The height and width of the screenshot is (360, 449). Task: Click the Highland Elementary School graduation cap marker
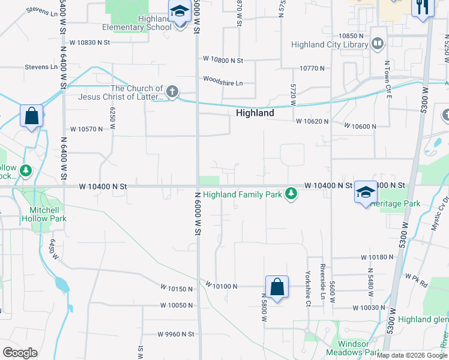click(x=179, y=13)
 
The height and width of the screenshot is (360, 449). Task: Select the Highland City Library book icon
click(x=378, y=44)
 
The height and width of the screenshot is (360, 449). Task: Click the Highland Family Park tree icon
click(x=291, y=193)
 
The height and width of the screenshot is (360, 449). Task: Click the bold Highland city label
click(x=255, y=113)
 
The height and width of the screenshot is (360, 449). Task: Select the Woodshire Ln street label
click(x=223, y=83)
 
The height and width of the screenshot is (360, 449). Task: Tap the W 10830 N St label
click(x=90, y=43)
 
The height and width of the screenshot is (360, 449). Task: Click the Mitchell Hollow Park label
click(x=49, y=214)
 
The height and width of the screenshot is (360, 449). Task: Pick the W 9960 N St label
click(x=176, y=334)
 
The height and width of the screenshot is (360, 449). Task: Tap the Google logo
click(x=20, y=353)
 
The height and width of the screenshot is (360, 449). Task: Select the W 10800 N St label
click(x=223, y=60)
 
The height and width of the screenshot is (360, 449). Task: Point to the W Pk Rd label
click(x=415, y=278)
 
